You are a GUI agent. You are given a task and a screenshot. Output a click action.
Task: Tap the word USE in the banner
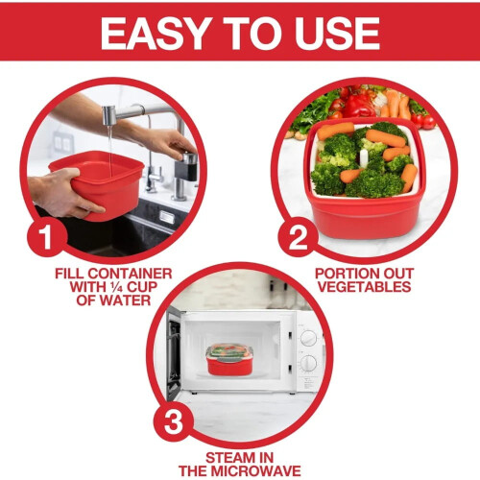coord(338,33)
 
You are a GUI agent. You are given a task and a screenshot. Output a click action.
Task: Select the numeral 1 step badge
coord(47,237)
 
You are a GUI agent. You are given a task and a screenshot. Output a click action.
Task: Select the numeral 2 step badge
coord(298,237)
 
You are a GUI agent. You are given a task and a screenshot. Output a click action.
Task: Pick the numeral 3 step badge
coord(173,421)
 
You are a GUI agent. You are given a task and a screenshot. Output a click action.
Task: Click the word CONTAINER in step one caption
coord(130,274)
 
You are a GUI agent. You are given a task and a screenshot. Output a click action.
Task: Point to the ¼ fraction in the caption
coord(117,287)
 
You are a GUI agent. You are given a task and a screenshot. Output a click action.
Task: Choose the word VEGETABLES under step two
coord(365,287)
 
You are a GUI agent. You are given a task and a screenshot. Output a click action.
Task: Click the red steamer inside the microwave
coord(229,360)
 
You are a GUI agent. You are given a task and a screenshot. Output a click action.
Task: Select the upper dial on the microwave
coord(308,338)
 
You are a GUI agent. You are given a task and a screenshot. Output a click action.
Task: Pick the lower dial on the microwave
coord(308,363)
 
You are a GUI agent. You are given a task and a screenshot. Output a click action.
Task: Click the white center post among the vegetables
coord(364,157)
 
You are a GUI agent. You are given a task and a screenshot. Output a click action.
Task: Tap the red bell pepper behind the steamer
coord(359,106)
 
